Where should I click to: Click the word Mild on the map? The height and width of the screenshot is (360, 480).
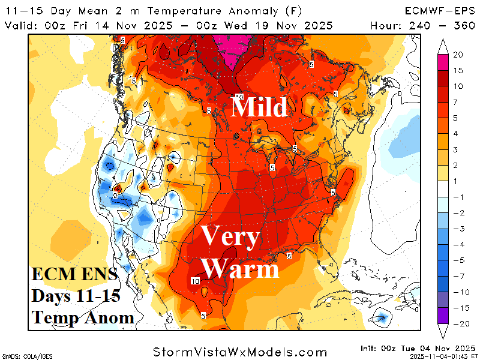tap(259, 107)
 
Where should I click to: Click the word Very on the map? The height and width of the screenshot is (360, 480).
tap(230, 237)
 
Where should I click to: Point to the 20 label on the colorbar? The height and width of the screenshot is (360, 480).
tap(457, 55)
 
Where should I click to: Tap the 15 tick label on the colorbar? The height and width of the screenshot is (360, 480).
tap(457, 70)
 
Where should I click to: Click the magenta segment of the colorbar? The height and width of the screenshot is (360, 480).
tap(443, 62)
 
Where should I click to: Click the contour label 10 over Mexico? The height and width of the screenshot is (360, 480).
tap(195, 281)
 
